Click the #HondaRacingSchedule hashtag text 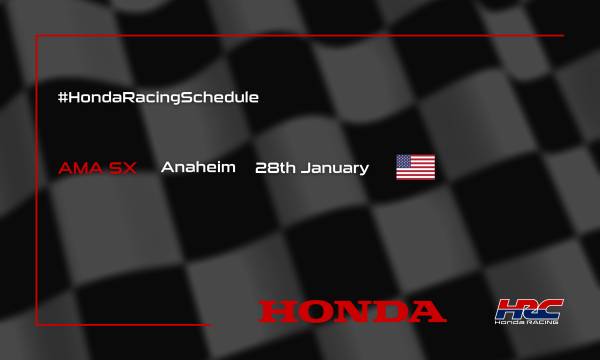tap(159, 97)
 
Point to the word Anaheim tap(198, 167)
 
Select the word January tap(333, 167)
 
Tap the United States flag tap(415, 167)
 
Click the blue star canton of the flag tap(405, 161)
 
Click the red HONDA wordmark tap(353, 311)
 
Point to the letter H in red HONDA tap(277, 311)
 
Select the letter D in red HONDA tap(390, 311)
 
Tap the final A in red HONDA tap(428, 311)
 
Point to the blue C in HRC tap(550, 306)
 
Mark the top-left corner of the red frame tap(37, 35)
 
